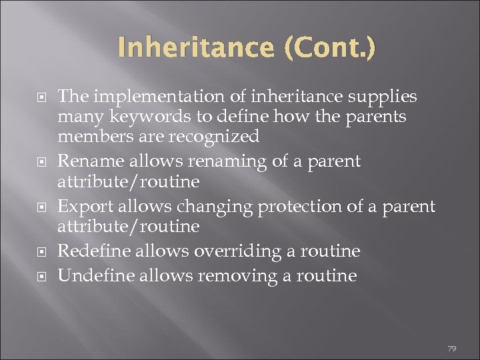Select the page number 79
[452, 349]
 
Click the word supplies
[381, 97]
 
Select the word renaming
[220, 161]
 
